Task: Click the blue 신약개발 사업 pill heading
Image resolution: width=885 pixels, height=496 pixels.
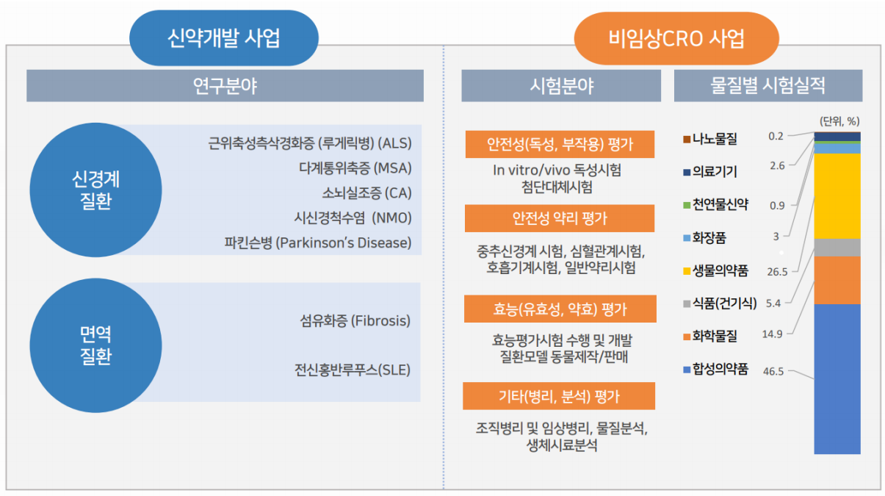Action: click(x=224, y=38)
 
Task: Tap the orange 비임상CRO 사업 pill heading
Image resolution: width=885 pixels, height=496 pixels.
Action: click(x=676, y=38)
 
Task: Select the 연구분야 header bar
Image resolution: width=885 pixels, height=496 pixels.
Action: click(x=225, y=86)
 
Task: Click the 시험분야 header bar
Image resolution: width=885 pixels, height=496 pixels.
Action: click(x=561, y=86)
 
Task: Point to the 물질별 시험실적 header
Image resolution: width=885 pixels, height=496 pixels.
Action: click(x=768, y=86)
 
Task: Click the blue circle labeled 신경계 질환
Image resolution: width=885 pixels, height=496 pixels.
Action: click(x=95, y=190)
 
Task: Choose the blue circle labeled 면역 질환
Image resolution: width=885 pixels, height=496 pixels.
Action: click(x=95, y=345)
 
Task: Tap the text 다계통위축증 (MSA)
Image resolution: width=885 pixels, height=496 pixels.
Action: click(x=355, y=168)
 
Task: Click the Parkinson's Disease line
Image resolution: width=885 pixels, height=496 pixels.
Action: click(x=318, y=242)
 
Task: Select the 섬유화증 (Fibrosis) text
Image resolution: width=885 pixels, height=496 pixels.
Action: click(x=355, y=320)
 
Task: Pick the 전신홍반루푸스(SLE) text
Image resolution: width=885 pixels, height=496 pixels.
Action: click(x=353, y=370)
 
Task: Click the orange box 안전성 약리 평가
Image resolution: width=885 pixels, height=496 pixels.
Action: click(x=560, y=218)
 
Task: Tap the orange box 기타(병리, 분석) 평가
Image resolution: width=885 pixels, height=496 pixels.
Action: click(x=559, y=396)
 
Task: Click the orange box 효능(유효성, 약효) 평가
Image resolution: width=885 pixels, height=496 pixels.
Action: click(x=560, y=309)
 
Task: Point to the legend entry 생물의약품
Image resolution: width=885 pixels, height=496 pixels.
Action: click(x=716, y=270)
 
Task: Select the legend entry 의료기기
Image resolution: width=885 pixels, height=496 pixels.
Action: click(x=710, y=171)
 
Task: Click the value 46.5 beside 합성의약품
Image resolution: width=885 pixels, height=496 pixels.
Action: click(x=773, y=372)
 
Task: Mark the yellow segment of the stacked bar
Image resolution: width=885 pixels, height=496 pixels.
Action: click(x=837, y=196)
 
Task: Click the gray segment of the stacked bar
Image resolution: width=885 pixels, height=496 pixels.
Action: click(x=837, y=248)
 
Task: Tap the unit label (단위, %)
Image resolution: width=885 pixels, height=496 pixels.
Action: click(x=839, y=121)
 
